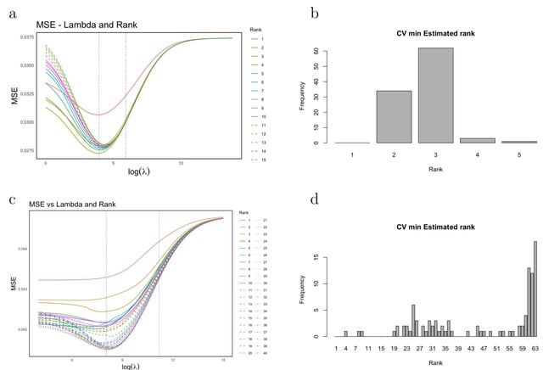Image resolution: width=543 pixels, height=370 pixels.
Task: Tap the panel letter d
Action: point(316,200)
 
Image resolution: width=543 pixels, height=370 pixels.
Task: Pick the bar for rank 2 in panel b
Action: point(394,116)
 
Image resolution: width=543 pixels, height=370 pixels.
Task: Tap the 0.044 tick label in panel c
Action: point(22,249)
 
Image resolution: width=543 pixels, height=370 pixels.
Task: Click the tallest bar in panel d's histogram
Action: point(535,289)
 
